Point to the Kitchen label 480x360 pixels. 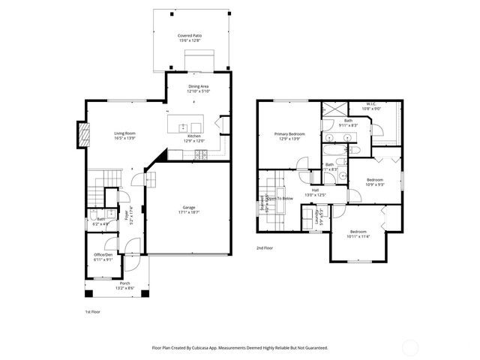pos(194,136)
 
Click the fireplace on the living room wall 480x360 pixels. pos(83,136)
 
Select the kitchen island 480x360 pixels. pos(186,126)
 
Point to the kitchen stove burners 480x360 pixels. pos(201,155)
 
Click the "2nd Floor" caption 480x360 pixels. pos(265,248)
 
